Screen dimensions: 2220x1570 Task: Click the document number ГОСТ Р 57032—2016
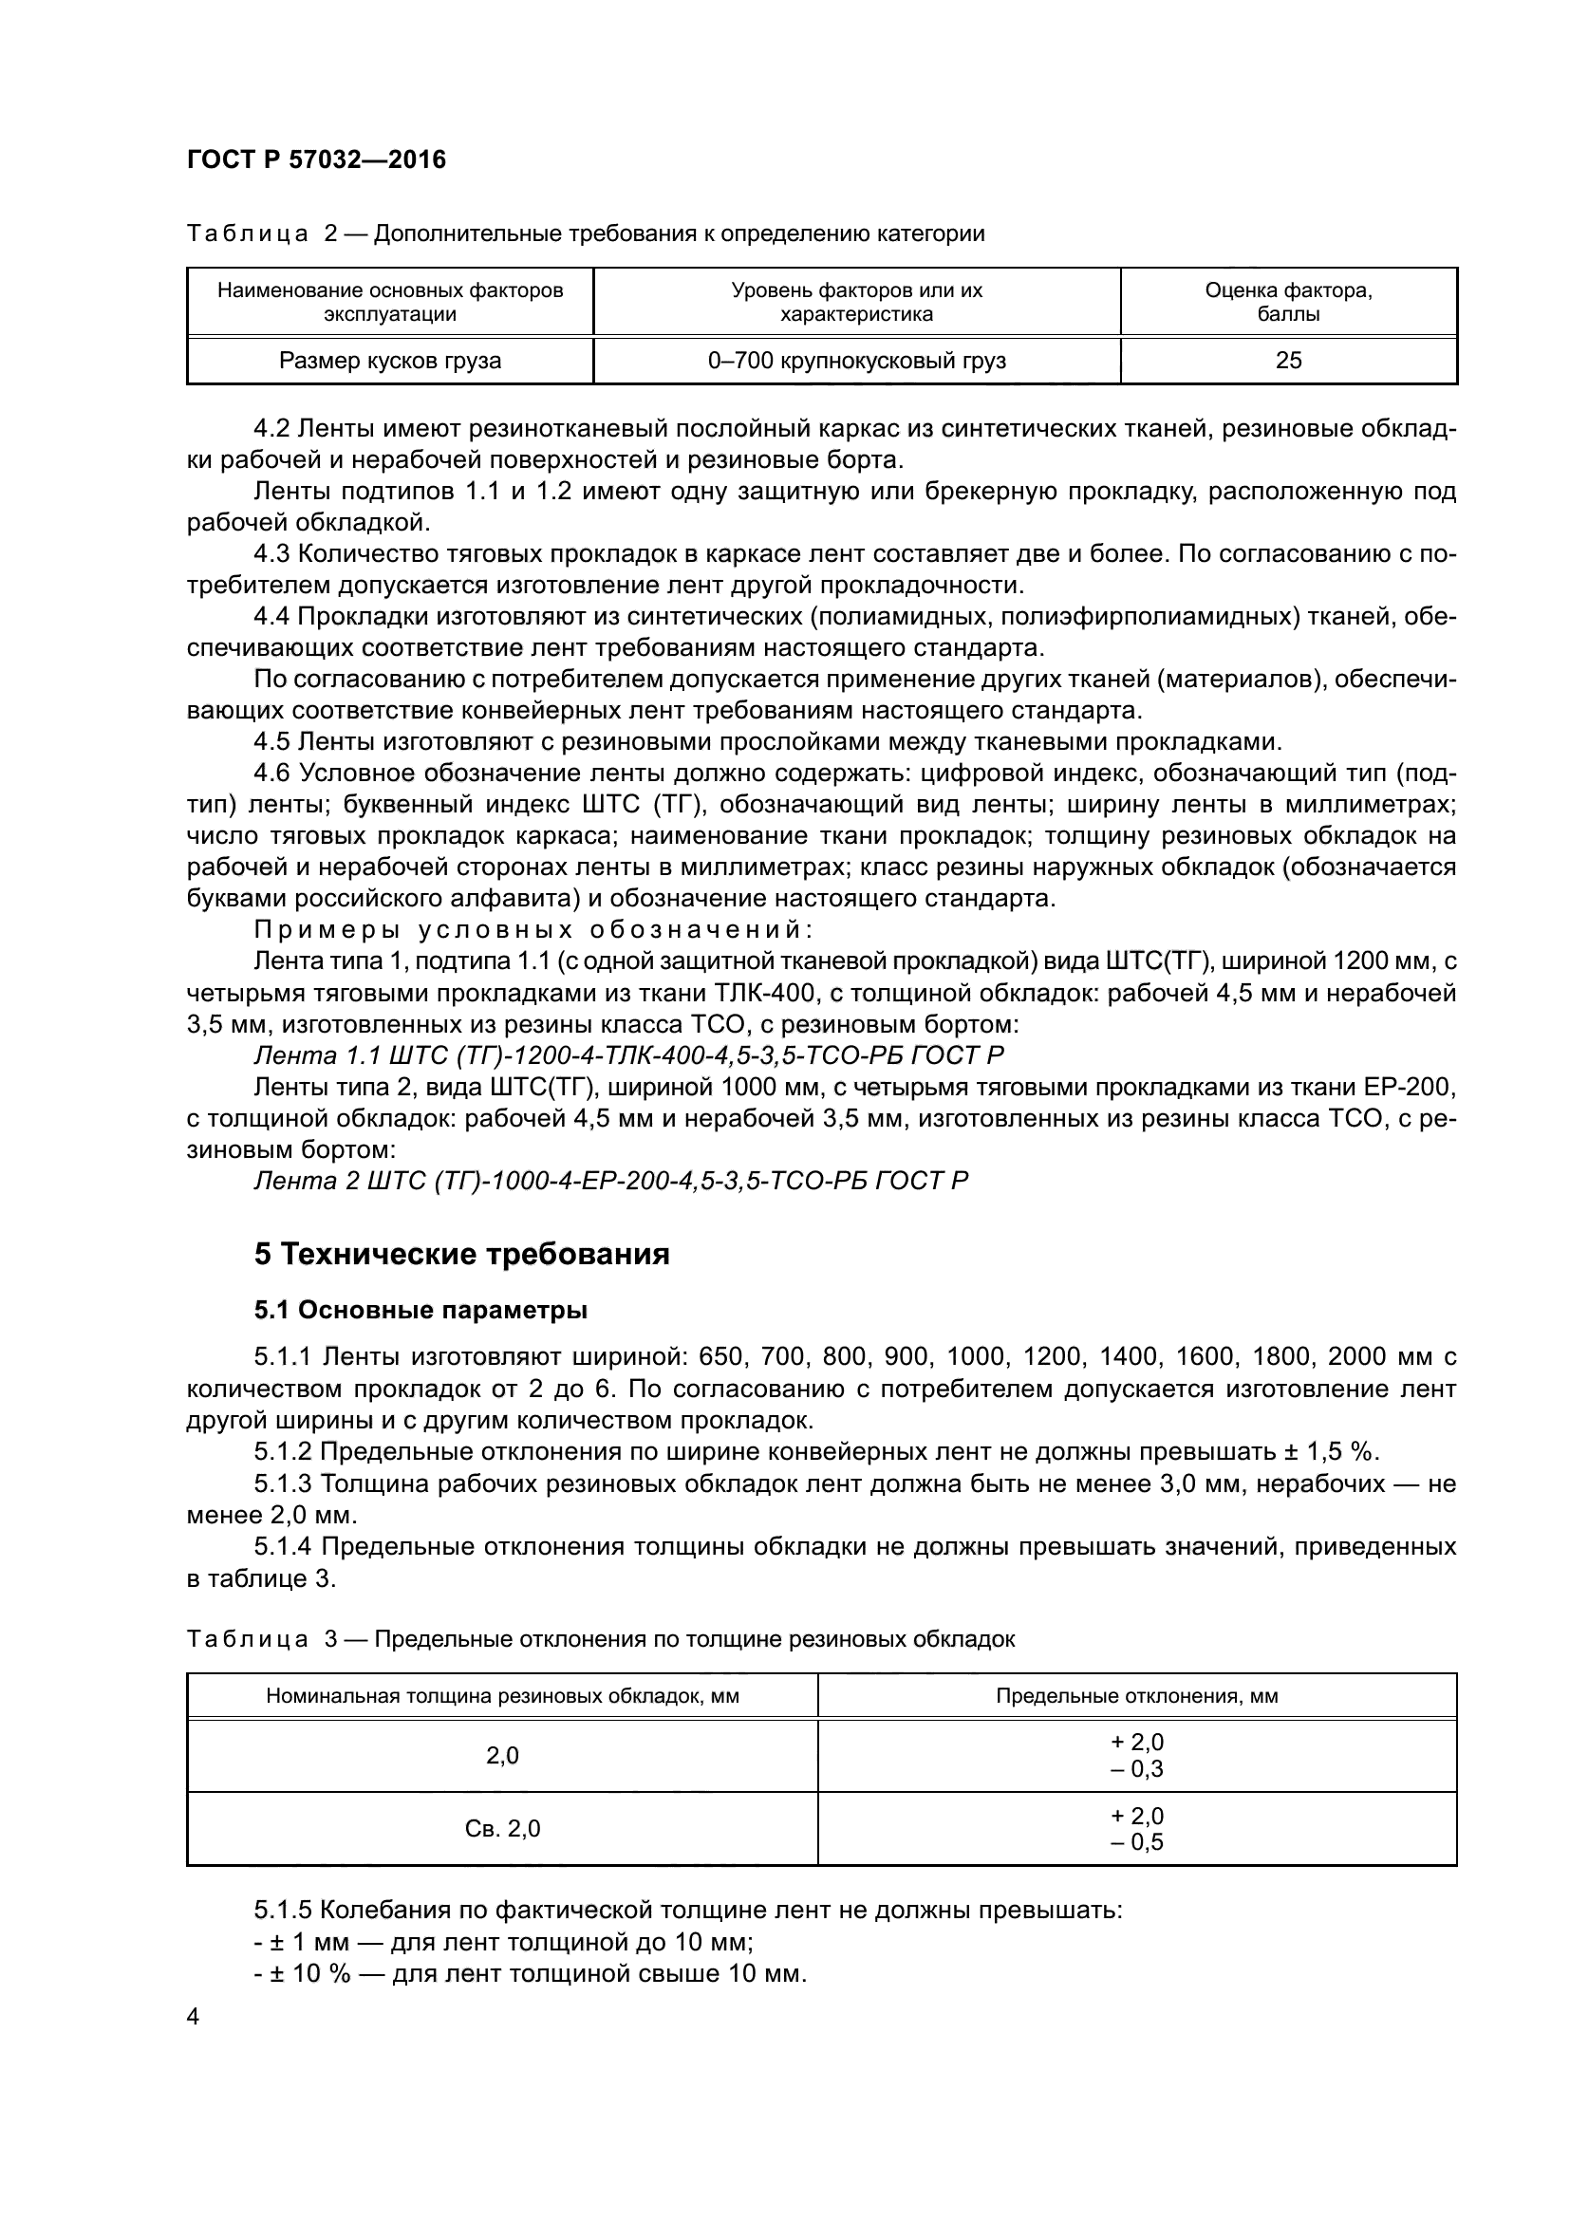pos(316,159)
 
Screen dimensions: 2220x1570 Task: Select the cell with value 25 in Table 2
pos(1288,362)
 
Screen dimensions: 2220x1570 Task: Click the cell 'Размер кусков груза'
pos(389,362)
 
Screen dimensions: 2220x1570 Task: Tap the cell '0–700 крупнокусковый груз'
pos(856,362)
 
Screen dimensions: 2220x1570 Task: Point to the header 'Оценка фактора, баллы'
pos(1288,302)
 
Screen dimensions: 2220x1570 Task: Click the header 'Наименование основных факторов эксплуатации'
pos(389,302)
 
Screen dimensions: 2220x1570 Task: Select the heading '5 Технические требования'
pos(461,1255)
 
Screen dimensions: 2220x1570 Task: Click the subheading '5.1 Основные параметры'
pos(421,1311)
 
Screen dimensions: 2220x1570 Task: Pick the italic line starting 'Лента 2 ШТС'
pos(610,1181)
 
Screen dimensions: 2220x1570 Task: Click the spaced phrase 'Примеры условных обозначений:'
pos(533,929)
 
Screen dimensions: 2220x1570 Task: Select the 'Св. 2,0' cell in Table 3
pos(502,1828)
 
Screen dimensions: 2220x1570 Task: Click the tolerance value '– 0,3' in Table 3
pos(1137,1769)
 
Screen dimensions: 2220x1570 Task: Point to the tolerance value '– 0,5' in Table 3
pos(1137,1842)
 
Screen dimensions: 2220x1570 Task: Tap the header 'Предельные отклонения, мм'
pos(1137,1696)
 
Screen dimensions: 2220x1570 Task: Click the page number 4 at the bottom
pos(194,2017)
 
